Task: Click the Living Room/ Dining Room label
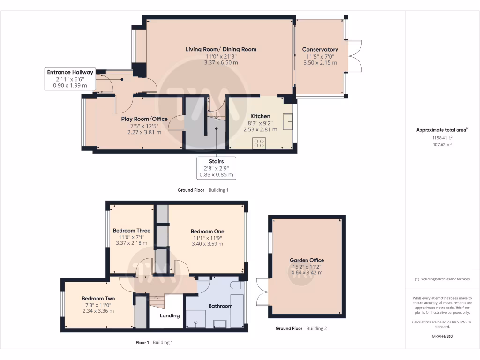221,49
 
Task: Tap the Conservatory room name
320,49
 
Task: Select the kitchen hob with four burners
259,143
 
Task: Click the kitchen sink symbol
288,122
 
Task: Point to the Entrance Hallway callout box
70,79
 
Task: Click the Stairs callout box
216,168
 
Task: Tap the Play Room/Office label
144,119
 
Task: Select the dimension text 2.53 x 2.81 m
260,129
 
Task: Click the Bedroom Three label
132,231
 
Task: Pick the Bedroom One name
208,232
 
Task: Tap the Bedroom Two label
98,299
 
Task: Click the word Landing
170,315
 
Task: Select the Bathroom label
220,306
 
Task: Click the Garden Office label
307,260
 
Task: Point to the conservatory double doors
354,56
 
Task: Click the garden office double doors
263,291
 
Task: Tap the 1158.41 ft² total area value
442,138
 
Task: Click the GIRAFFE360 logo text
442,336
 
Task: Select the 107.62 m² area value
442,144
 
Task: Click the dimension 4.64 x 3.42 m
307,273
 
